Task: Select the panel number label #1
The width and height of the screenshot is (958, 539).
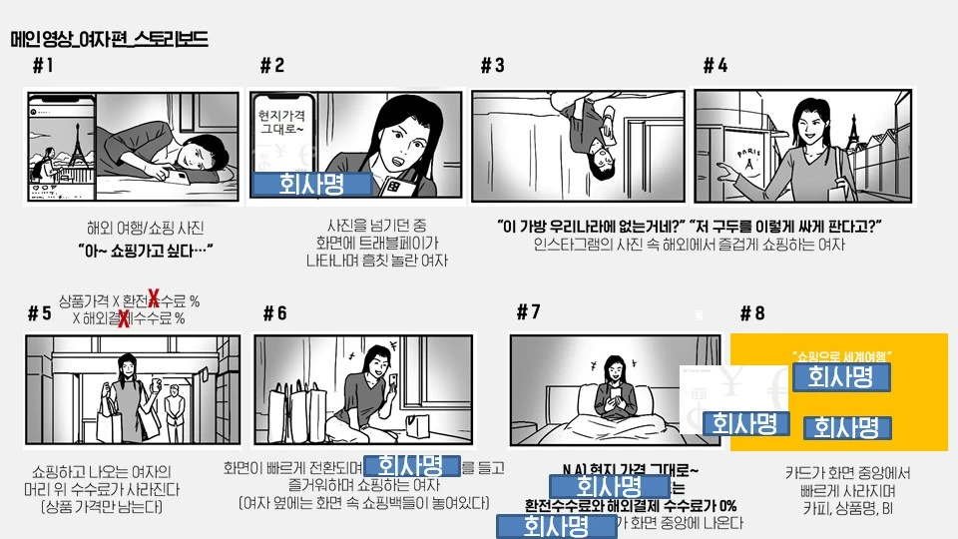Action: tap(43, 66)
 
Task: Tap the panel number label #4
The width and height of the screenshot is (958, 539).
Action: tap(715, 66)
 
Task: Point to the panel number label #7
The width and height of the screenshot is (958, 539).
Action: tap(528, 311)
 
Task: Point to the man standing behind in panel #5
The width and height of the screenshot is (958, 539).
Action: tap(177, 410)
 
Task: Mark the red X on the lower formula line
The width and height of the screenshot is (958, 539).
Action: tap(123, 318)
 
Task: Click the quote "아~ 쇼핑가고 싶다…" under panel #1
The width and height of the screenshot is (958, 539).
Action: tap(147, 249)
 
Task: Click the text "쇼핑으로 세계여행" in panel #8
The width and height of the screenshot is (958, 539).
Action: tap(840, 355)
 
